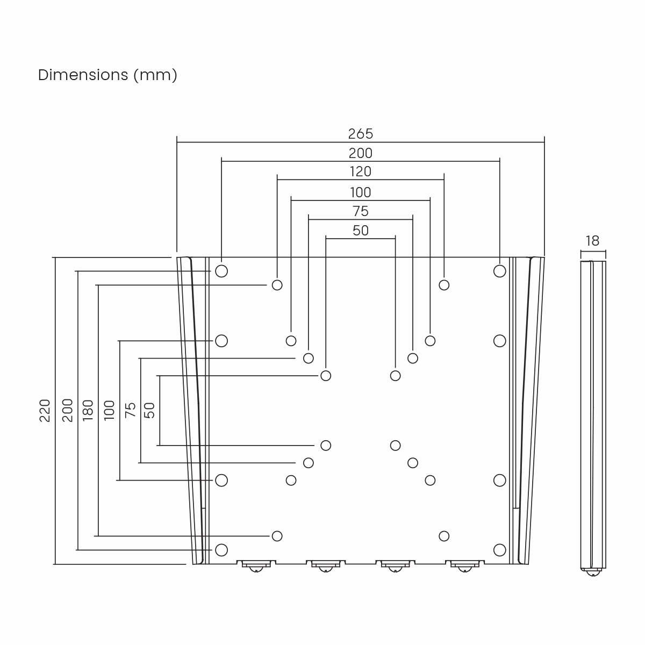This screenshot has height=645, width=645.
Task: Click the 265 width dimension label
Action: [x=360, y=133]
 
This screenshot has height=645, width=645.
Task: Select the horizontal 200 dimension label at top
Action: [x=360, y=153]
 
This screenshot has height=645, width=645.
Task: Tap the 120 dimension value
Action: [x=360, y=172]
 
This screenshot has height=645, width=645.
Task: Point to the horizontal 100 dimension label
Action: [x=360, y=192]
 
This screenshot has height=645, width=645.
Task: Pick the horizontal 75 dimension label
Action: [x=360, y=211]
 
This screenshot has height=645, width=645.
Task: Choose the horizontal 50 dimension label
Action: [x=361, y=231]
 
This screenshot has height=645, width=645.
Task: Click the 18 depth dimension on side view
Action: [x=592, y=241]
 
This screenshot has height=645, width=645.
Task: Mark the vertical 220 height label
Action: [x=45, y=410]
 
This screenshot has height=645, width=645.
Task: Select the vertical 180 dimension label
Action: [x=88, y=410]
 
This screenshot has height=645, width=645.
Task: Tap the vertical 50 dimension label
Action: [x=150, y=410]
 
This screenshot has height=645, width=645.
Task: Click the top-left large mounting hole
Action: [x=221, y=271]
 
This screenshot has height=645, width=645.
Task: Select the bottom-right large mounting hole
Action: [x=499, y=549]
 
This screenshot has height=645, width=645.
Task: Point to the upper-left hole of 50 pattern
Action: [x=326, y=375]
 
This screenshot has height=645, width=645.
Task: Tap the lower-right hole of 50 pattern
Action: [x=395, y=445]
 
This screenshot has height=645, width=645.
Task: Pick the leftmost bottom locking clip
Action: [x=256, y=565]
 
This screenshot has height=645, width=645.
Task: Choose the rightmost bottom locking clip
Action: [x=464, y=565]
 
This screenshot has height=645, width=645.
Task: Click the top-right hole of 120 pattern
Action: [x=444, y=285]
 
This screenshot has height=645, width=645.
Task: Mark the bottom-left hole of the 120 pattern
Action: [x=277, y=535]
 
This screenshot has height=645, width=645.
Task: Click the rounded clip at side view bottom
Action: [x=593, y=572]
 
